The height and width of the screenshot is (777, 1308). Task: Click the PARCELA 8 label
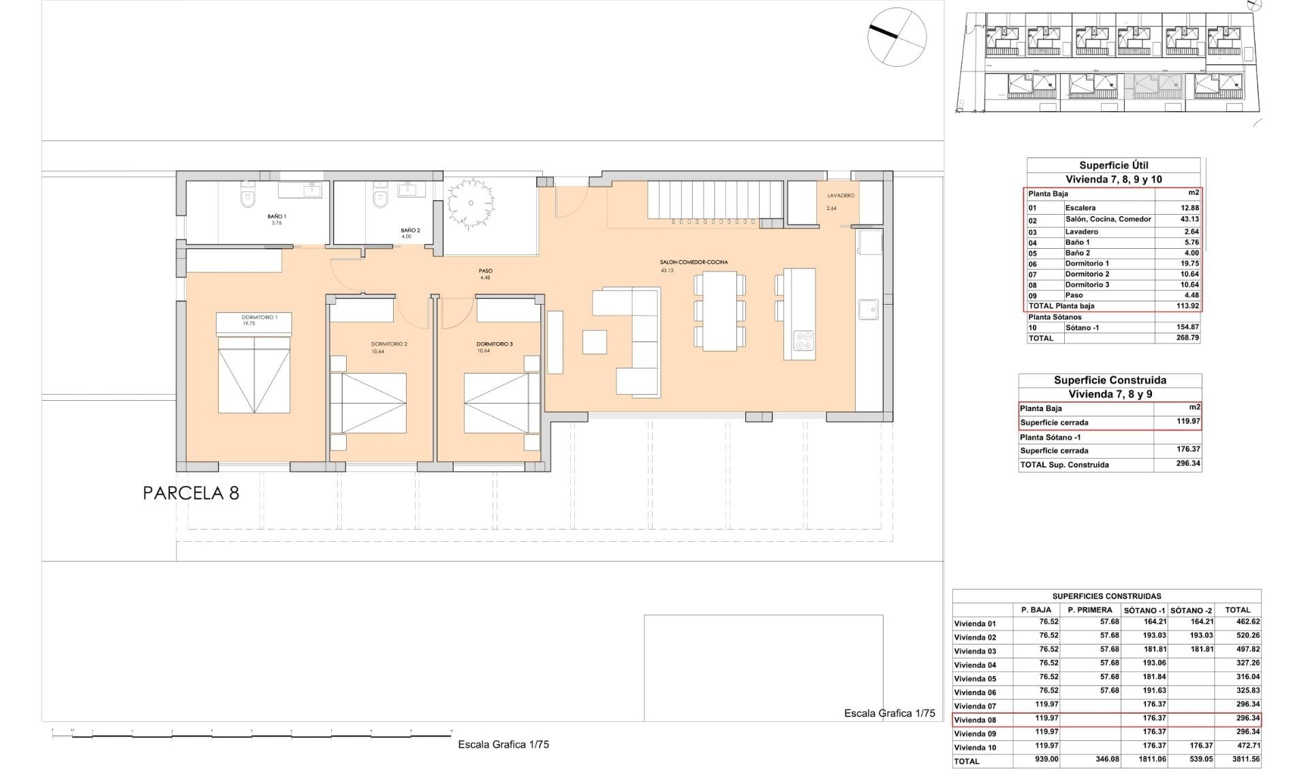pos(191,493)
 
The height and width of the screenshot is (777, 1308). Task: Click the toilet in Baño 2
pos(380,197)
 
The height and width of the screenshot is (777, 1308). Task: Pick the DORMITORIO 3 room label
pos(495,344)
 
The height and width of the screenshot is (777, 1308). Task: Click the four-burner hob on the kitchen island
pos(804,340)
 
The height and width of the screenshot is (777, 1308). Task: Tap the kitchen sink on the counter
pos(868,309)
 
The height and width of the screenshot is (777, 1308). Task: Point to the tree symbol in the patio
pos(470,204)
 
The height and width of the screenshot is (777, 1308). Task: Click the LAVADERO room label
pos(841,196)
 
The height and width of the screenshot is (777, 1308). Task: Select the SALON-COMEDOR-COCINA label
pos(694,262)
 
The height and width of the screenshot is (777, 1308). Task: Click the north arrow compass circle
pos(897,37)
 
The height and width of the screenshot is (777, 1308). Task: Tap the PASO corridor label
pos(485,271)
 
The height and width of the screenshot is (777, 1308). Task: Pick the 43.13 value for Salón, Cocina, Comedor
pos(1189,219)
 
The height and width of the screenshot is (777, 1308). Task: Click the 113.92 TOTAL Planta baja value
pos(1187,306)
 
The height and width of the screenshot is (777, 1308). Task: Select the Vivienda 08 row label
pos(975,720)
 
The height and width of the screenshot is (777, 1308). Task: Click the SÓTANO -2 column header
pos(1191,610)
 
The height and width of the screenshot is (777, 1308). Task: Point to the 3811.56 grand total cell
pos(1241,759)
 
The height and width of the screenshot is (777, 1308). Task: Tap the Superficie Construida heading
pos(1110,380)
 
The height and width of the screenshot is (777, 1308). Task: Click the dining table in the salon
pos(719,311)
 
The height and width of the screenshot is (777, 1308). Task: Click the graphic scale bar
pos(252,735)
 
